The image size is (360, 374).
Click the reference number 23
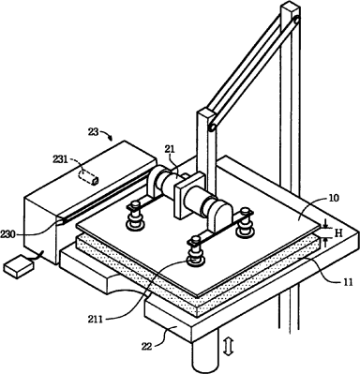pos(93,132)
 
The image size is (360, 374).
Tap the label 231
pos(59,159)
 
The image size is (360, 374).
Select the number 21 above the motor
pos(170,149)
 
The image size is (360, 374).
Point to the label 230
pos(8,234)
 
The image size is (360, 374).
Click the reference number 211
pos(95,320)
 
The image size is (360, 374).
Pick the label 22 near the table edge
pos(146,346)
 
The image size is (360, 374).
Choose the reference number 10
pos(334,198)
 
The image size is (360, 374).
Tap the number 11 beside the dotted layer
pos(347,282)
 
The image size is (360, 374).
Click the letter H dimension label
pos(338,232)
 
